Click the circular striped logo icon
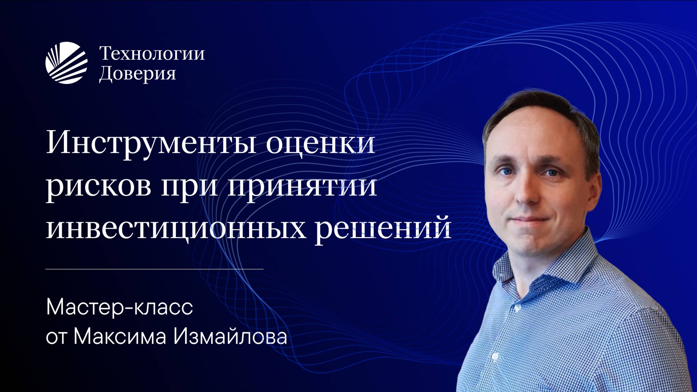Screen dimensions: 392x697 point(66,63)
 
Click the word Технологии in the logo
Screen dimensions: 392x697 point(152,54)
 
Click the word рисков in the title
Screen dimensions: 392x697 point(98,186)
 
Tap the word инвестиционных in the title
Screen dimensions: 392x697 point(176,229)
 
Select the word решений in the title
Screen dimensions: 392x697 point(383,229)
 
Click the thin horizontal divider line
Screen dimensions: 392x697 point(154,269)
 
